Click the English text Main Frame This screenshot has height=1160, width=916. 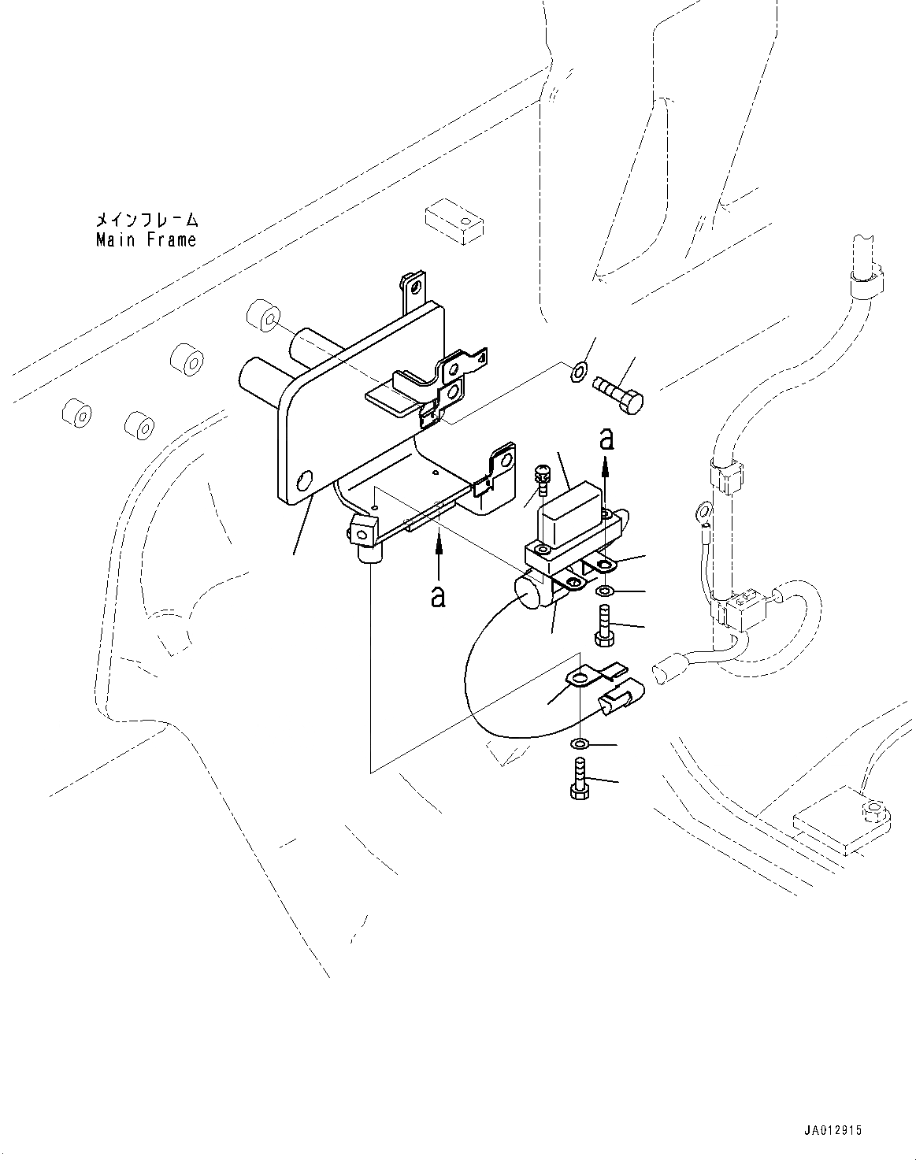(x=146, y=239)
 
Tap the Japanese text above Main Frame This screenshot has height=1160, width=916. (x=147, y=219)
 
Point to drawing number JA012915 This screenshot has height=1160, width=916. (x=834, y=1130)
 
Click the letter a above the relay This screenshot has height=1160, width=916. (x=606, y=439)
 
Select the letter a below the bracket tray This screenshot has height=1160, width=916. (x=439, y=596)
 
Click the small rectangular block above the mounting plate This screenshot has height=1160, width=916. (x=454, y=221)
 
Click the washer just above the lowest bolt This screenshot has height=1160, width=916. (x=580, y=743)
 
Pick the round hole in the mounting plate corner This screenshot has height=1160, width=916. (x=305, y=480)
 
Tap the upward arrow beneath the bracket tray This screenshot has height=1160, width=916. (x=439, y=555)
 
